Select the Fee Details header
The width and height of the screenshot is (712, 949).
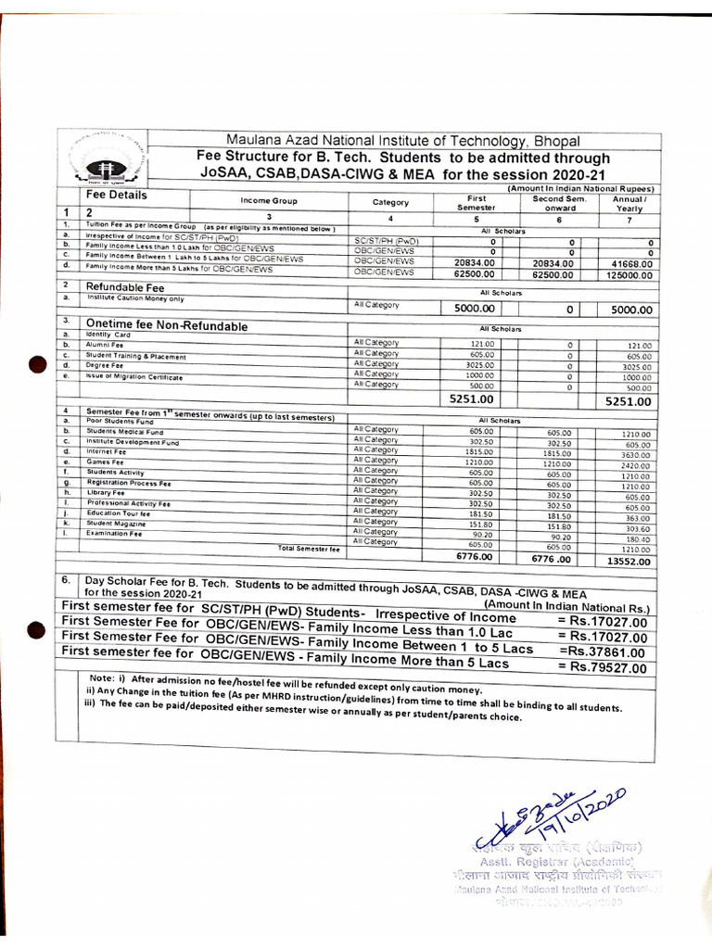(x=116, y=196)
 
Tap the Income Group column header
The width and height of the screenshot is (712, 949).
(x=268, y=200)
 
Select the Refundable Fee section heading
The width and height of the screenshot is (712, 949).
(x=124, y=288)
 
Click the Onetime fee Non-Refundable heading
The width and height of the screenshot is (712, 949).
(x=167, y=326)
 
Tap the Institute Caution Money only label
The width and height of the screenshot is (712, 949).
(x=135, y=298)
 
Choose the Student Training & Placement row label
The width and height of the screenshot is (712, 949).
(x=135, y=357)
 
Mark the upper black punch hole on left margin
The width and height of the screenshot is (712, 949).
(x=36, y=365)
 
